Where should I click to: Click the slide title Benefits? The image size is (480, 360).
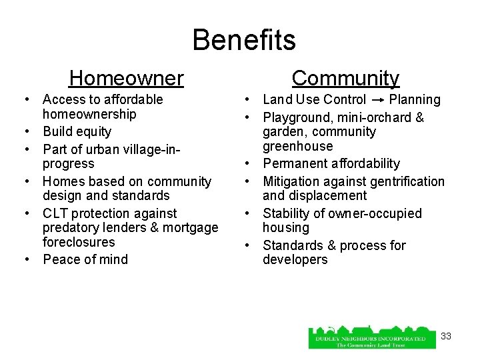244,40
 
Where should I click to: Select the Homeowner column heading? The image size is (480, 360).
126,79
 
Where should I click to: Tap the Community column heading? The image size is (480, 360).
345,79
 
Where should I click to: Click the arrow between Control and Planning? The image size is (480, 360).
377,100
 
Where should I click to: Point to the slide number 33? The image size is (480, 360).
446,336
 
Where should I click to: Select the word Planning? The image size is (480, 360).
415,100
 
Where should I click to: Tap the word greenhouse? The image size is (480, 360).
297,146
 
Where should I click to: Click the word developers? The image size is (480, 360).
295,259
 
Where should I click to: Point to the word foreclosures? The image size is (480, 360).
79,242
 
